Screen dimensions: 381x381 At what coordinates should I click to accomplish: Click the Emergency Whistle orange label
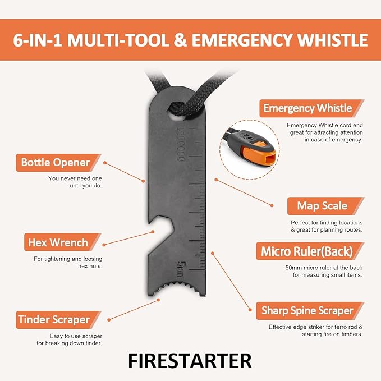click(307, 108)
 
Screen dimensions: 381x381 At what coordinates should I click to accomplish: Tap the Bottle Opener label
click(56, 163)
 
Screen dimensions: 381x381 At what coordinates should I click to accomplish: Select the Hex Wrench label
click(58, 242)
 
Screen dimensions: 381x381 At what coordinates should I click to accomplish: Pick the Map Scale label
click(322, 206)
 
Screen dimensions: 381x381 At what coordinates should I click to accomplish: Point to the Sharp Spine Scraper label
click(307, 310)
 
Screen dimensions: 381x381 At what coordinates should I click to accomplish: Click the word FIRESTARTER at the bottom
click(190, 360)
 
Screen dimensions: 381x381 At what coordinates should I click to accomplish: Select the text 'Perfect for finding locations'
click(322, 223)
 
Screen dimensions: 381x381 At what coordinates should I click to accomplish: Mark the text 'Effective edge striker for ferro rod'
click(315, 327)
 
